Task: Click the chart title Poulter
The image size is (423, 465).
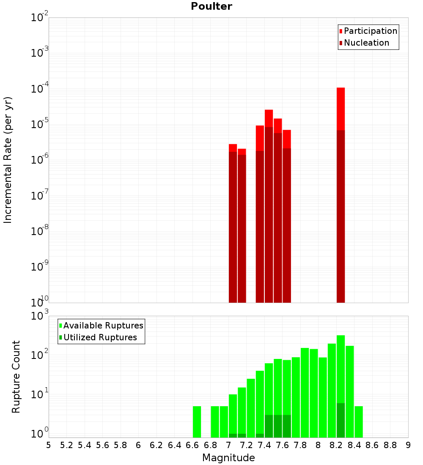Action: click(x=211, y=6)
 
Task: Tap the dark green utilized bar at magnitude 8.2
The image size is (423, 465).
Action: click(x=341, y=421)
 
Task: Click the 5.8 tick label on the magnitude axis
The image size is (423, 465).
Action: click(x=121, y=445)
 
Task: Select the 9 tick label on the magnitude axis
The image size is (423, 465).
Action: click(x=408, y=445)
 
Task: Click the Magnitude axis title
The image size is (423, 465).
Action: click(x=228, y=458)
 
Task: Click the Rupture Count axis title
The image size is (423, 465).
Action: click(x=16, y=377)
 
